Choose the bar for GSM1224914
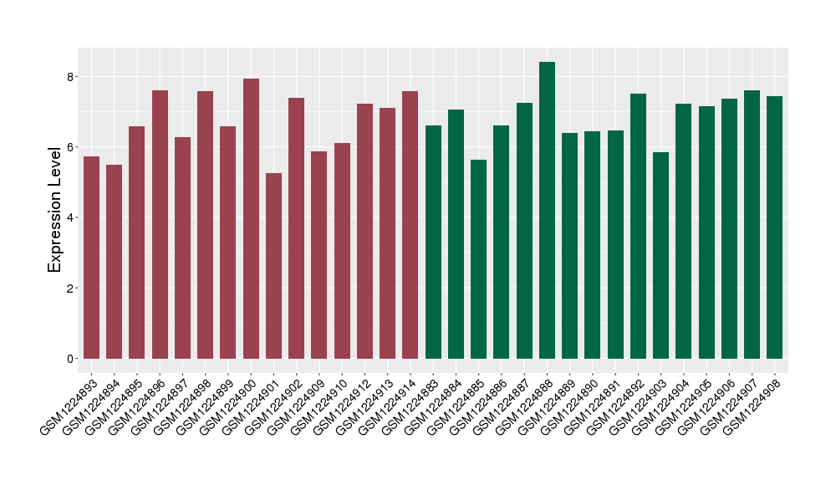point(410,225)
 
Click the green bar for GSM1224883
point(433,242)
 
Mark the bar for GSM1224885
point(478,259)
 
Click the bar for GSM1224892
point(638,226)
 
